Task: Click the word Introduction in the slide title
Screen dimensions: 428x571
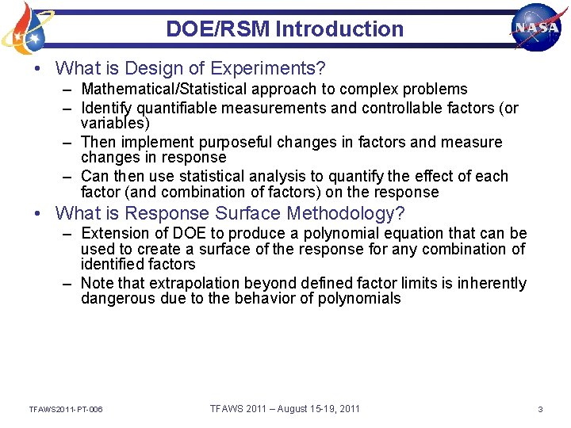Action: tap(339, 29)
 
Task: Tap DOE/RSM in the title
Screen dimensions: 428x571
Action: tap(218, 29)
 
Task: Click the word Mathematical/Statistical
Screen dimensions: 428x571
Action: tap(159, 89)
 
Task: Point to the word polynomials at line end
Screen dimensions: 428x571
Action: tap(361, 299)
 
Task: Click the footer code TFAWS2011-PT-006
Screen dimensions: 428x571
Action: tap(65, 409)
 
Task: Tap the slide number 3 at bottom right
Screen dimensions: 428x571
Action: tap(540, 409)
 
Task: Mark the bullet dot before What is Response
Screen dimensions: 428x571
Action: tap(37, 213)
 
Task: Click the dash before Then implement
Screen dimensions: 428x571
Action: tap(69, 142)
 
